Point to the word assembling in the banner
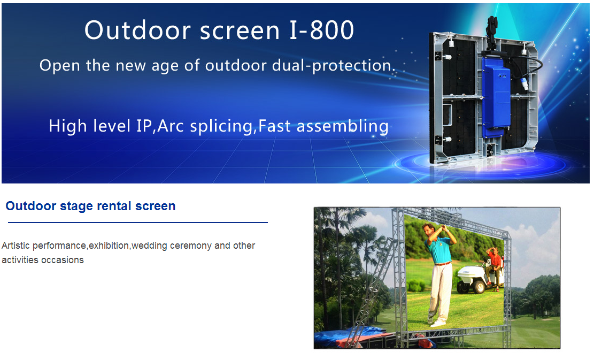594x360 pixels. [342, 127]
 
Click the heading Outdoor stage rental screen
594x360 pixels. [90, 206]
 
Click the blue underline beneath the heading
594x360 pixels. [137, 222]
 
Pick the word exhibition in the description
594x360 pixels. [109, 246]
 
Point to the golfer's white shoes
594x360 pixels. [438, 323]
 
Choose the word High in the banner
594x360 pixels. [67, 126]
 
